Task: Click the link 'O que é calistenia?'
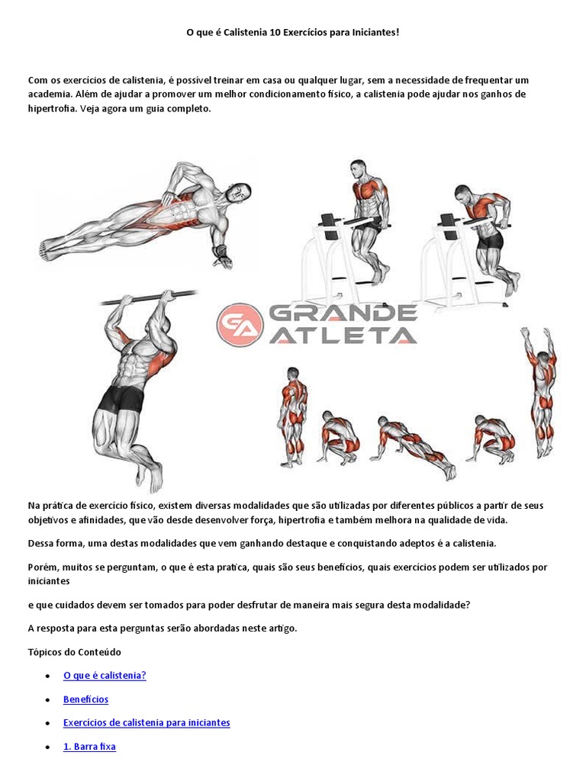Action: tap(105, 676)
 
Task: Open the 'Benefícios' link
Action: tap(85, 699)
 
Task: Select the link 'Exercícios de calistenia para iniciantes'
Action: tap(146, 723)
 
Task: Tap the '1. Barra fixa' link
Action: tap(89, 747)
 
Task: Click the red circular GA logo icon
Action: tap(240, 324)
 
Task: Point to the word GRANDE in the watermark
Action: tap(344, 313)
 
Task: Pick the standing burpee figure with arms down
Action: tap(292, 416)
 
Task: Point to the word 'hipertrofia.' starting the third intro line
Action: tap(52, 109)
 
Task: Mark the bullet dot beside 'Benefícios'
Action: tap(47, 700)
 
